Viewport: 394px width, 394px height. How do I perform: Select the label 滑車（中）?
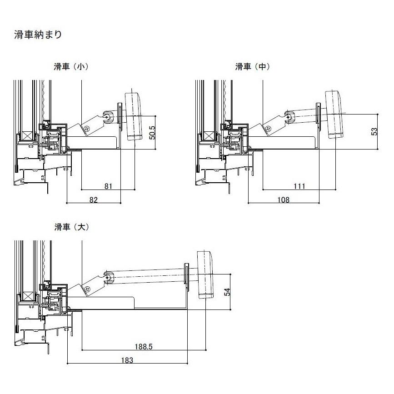click(x=252, y=67)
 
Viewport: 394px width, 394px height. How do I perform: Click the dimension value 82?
click(x=93, y=199)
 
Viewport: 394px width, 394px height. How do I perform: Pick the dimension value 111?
click(x=299, y=186)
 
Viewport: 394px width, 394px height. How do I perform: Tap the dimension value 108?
click(x=283, y=199)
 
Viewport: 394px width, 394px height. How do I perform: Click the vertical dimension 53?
click(x=374, y=131)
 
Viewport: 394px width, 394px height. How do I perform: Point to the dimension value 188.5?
click(x=143, y=347)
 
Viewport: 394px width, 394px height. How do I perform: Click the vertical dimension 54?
click(x=228, y=291)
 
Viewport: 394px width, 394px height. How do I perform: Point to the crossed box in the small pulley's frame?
click(x=28, y=136)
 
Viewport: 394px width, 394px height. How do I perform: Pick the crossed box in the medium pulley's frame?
click(x=209, y=136)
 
